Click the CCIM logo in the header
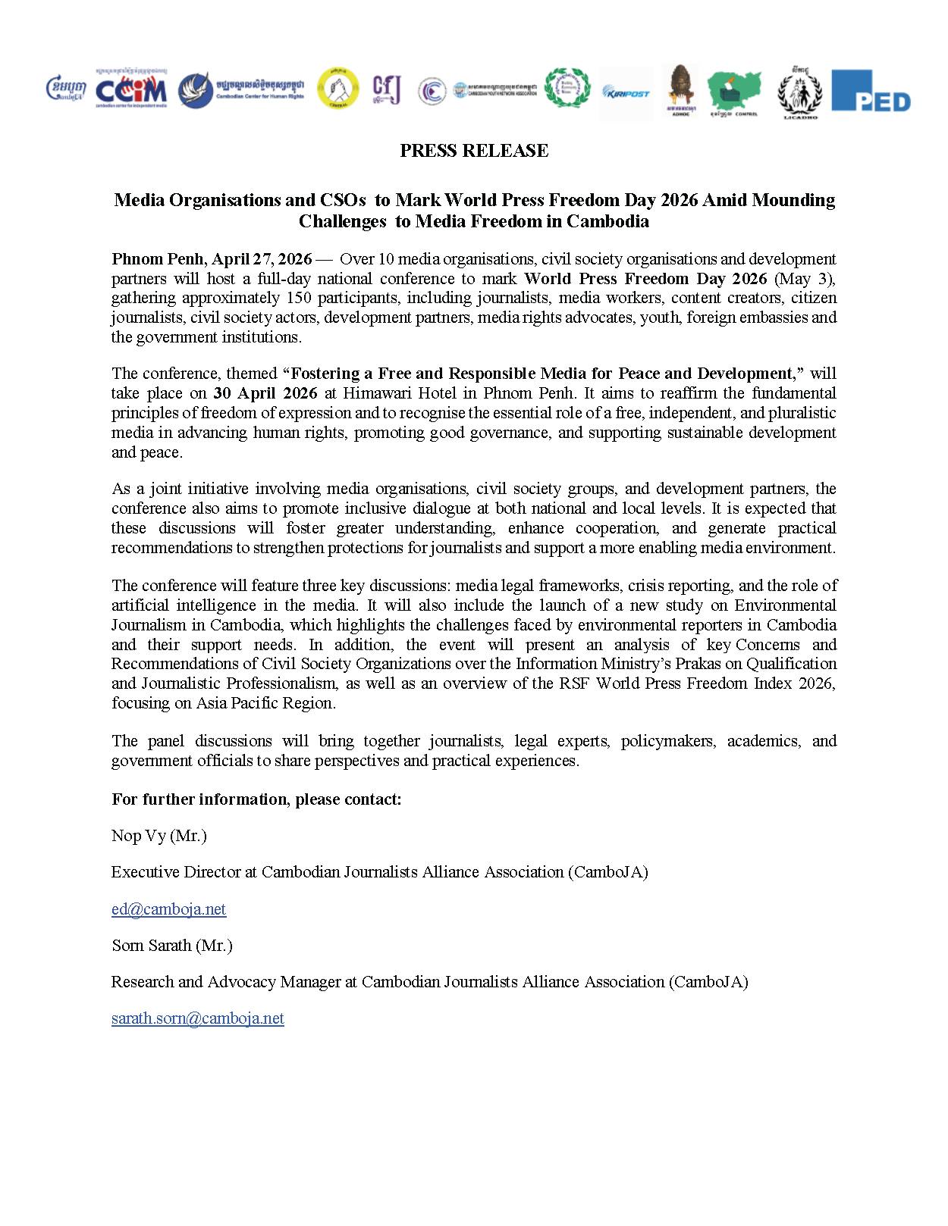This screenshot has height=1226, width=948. pos(131,90)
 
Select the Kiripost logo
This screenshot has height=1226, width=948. pos(626,92)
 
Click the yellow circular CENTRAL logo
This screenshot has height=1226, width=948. pos(337,89)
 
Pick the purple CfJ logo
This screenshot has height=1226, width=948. pos(386,89)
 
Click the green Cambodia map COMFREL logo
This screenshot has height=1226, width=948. pos(734,92)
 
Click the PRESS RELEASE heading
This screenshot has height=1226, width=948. pos(474,151)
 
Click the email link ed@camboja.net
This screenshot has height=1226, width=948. pos(168,909)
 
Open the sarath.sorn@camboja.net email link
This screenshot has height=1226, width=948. pos(197,1018)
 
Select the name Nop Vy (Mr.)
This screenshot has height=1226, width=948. pos(159,836)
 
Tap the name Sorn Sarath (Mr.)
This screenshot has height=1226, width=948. pos(171,946)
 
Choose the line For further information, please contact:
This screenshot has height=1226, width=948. pos(256,799)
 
